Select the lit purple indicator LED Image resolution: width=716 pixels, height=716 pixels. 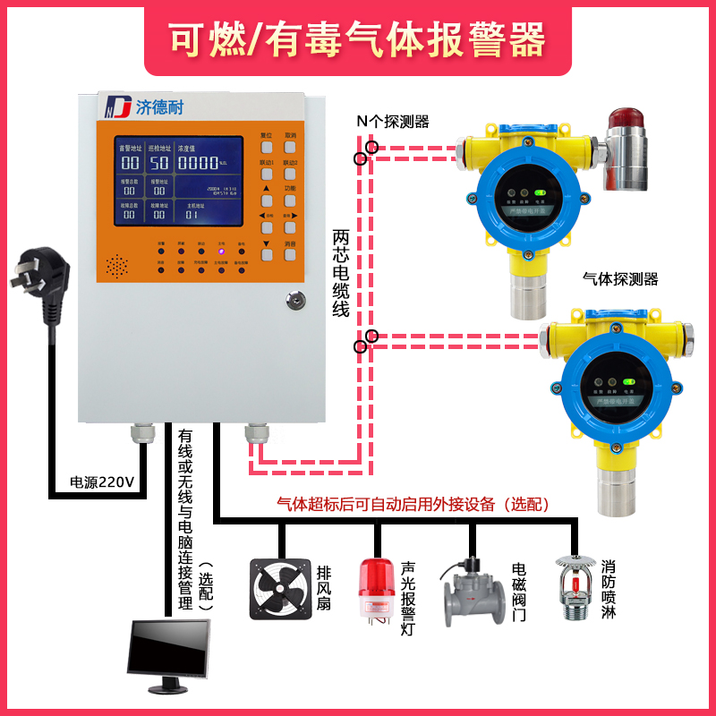tap(221, 251)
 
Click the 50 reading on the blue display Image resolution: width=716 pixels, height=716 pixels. tap(159, 163)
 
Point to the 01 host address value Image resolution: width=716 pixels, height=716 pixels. tap(191, 215)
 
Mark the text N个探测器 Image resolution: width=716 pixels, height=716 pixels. tap(392, 121)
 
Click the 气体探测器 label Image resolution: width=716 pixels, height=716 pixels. tap(619, 279)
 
